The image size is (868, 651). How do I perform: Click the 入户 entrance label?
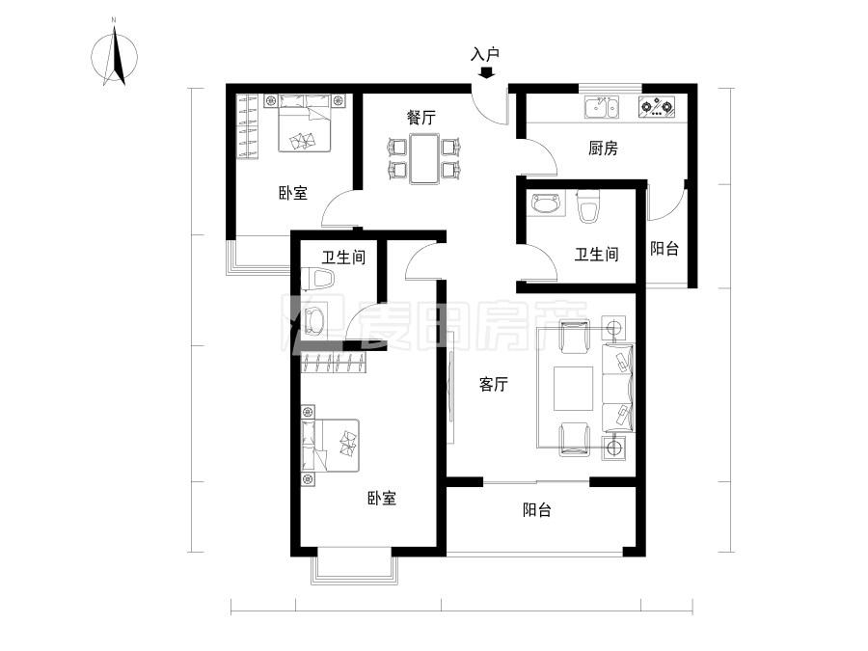pyautogui.click(x=485, y=55)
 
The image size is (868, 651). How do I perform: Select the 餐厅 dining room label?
pyautogui.click(x=420, y=118)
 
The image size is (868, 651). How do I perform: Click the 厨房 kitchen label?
pyautogui.click(x=603, y=149)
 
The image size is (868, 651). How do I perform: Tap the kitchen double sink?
pyautogui.click(x=603, y=107)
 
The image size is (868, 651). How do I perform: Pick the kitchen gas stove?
pyautogui.click(x=659, y=107)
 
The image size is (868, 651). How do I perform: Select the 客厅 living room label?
pyautogui.click(x=494, y=384)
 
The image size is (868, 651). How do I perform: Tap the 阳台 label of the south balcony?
pyautogui.click(x=537, y=510)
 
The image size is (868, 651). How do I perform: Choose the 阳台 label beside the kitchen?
pyautogui.click(x=664, y=249)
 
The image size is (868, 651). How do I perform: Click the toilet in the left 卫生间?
pyautogui.click(x=319, y=280)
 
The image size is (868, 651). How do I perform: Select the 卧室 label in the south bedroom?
pyautogui.click(x=382, y=499)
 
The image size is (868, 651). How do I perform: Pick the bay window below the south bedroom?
pyautogui.click(x=354, y=568)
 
